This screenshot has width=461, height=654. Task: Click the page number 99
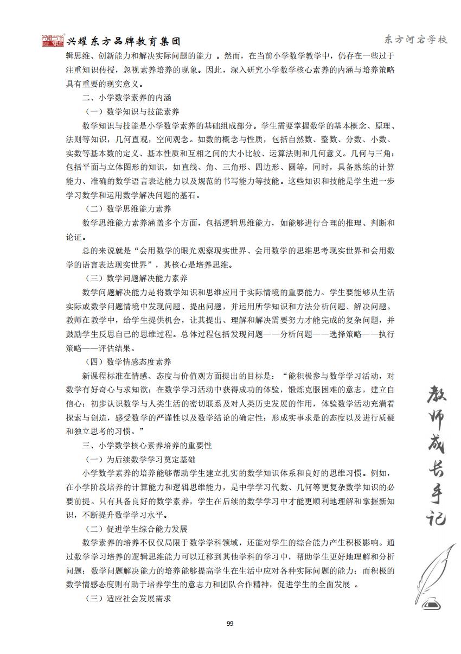[x=230, y=623]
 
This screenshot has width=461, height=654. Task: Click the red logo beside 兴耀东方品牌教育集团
[x=53, y=40]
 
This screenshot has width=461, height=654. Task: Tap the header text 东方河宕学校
[x=415, y=40]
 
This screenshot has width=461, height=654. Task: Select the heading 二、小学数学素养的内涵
[x=126, y=98]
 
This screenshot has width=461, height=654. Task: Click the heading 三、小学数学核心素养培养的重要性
[x=146, y=445]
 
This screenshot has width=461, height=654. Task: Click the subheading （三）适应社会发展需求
[x=129, y=598]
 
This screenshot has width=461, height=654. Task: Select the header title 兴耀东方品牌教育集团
[x=123, y=41]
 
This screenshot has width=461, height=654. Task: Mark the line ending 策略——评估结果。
[x=100, y=348]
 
